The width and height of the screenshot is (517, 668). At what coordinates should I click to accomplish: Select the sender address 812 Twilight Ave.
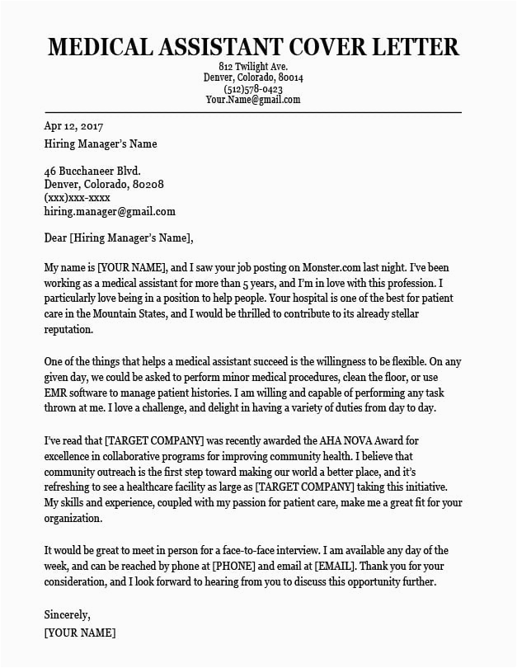click(x=253, y=66)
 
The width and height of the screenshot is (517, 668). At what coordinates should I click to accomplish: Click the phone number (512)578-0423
click(x=253, y=89)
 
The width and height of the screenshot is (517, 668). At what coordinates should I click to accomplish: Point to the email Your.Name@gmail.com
click(x=253, y=100)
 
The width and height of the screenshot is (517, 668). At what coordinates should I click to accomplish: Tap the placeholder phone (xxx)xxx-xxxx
click(x=78, y=198)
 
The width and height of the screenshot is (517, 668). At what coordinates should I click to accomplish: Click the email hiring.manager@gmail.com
click(x=110, y=211)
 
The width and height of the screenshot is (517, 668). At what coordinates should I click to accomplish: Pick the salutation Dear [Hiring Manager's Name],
click(x=119, y=238)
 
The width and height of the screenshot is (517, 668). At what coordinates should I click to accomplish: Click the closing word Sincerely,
click(x=68, y=615)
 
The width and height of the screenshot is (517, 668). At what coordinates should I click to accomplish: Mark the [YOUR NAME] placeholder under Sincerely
click(x=79, y=633)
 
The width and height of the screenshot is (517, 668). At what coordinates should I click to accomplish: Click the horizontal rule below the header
click(x=253, y=112)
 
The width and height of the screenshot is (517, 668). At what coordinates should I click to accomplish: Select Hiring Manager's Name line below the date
click(x=100, y=143)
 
